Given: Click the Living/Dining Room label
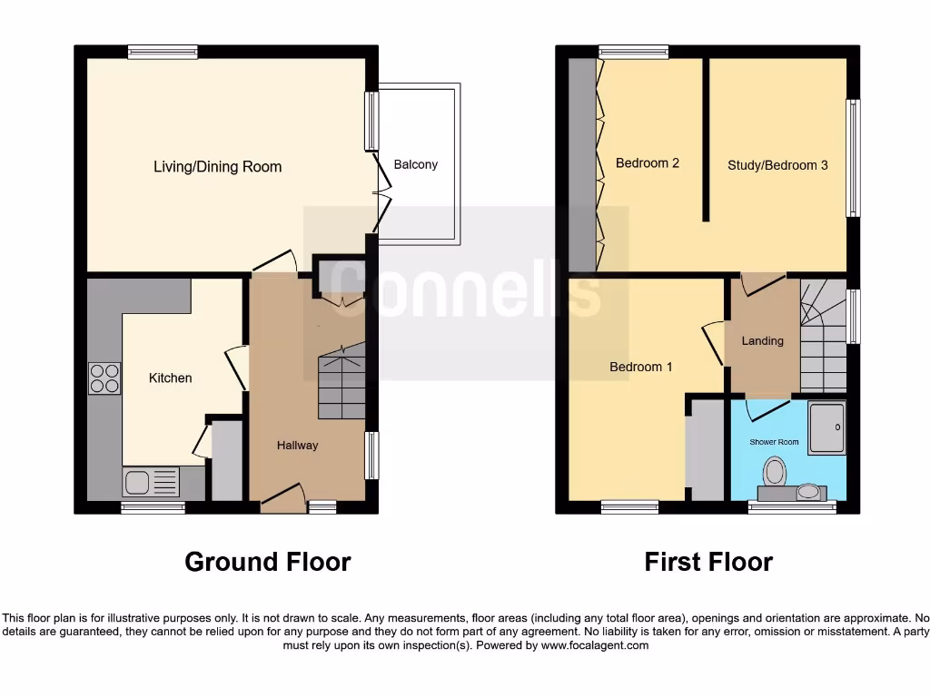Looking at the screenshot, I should (217, 167).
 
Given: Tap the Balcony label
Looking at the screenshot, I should (415, 164).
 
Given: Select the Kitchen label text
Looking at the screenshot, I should (170, 378).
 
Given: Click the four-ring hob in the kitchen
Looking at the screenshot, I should (104, 378).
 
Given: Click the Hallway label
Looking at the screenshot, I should (297, 445).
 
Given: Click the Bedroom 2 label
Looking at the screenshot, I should (647, 163).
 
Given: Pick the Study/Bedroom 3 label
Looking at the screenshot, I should (777, 165).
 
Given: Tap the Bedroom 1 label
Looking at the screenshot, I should (640, 367).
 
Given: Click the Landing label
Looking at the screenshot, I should (762, 341).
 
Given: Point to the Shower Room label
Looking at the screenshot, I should (774, 442).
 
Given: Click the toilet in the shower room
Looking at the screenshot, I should (775, 471).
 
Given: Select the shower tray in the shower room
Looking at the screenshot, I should (827, 427).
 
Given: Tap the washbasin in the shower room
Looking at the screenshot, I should (806, 493).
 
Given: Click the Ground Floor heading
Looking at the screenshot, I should (267, 562).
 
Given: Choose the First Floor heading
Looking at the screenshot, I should (708, 562).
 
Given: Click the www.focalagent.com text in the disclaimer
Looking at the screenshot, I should (595, 645).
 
